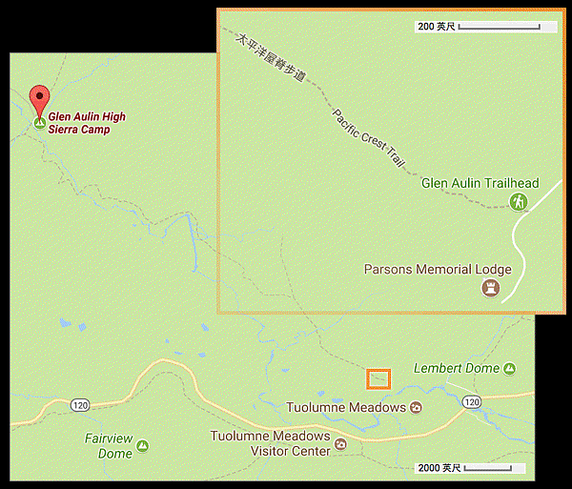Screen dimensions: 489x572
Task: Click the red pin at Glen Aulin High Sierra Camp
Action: pos(39,98)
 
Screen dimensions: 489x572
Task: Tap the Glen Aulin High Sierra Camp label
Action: pos(87,123)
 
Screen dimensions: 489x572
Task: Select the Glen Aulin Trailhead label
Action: pos(480,183)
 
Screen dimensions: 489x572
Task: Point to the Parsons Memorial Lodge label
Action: pos(438,269)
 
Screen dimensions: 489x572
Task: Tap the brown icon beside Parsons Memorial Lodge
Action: pos(491,287)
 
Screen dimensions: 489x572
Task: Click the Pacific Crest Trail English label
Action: pos(369,139)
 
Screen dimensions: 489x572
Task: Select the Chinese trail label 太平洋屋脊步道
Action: pos(272,59)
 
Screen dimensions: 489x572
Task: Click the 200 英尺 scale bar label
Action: pos(437,27)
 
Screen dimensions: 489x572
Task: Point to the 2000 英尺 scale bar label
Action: pos(439,468)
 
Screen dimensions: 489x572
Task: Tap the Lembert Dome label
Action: pos(458,368)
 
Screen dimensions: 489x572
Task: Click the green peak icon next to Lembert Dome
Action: pos(510,369)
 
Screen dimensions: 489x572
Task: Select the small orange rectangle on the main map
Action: pos(379,378)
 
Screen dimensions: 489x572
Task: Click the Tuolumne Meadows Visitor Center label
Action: pos(271,443)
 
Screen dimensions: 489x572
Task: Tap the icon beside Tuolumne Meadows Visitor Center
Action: pos(340,443)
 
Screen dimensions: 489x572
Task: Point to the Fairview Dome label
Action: pos(108,446)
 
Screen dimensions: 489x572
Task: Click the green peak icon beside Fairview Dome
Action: pos(142,445)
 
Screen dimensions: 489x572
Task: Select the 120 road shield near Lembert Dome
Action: pos(471,402)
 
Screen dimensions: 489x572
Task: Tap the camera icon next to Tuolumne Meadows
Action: pos(415,408)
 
